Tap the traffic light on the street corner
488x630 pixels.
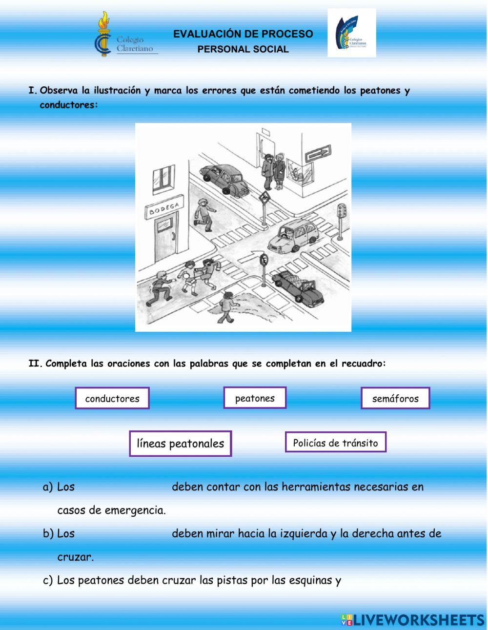(x=342, y=213)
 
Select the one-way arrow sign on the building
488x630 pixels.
(x=318, y=154)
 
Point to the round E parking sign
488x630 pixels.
(x=264, y=259)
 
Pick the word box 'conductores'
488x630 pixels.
(x=112, y=398)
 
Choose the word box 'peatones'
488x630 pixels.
(x=255, y=398)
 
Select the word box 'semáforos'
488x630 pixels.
(x=395, y=398)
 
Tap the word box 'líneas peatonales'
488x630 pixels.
(x=181, y=444)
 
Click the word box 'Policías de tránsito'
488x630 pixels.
(x=336, y=443)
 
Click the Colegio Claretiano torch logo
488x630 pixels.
(x=103, y=34)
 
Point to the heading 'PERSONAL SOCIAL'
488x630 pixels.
(x=243, y=49)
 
